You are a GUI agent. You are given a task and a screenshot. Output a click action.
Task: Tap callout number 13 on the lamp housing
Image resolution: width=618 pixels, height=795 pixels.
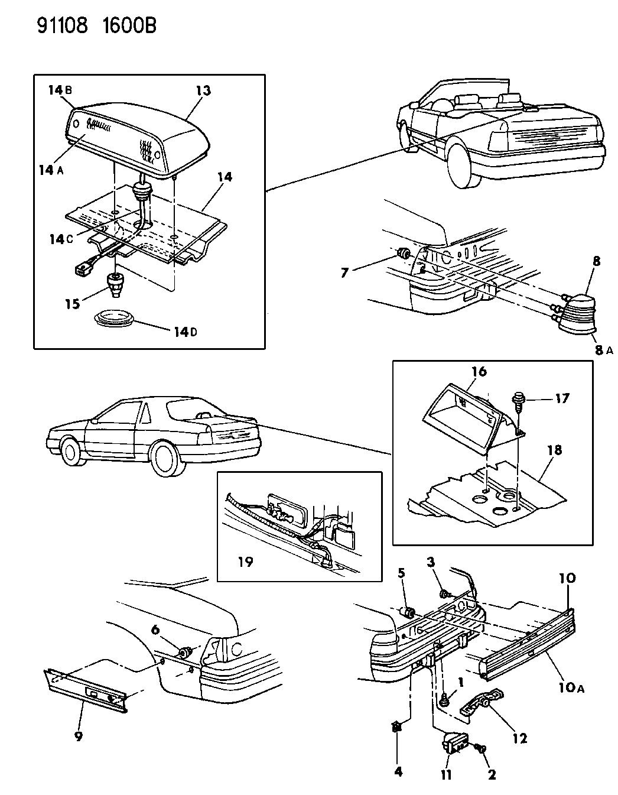coord(203,90)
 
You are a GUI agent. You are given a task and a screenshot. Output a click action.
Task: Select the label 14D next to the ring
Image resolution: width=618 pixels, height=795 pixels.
coord(186,332)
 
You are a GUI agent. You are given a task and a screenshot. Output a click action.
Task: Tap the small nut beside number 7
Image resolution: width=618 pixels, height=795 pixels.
coord(404,254)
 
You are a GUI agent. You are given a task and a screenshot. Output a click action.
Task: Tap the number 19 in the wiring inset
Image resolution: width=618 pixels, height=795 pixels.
coord(245,561)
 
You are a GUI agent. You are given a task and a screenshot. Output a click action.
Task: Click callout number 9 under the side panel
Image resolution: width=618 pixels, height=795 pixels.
coord(79,736)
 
